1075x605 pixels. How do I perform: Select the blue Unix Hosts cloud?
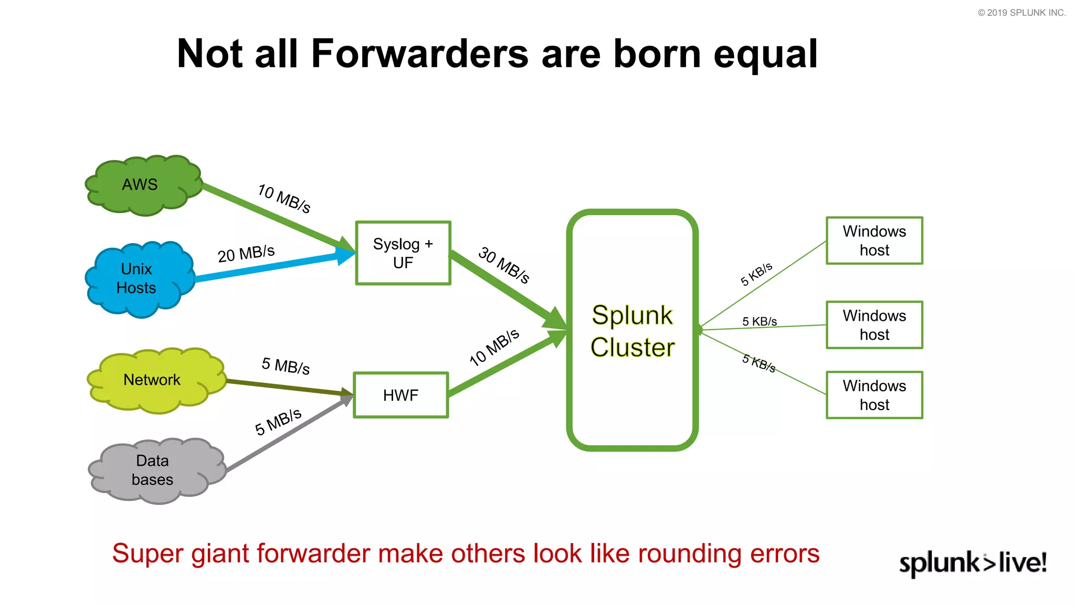[138, 278]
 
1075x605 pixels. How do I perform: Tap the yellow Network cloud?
[153, 380]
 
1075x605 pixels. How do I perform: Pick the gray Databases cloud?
[153, 470]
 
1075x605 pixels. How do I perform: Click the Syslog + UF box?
[403, 253]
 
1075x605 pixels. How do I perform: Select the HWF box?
[401, 395]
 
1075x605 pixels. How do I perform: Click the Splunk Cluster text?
[632, 331]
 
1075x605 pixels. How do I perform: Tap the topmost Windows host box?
[874, 241]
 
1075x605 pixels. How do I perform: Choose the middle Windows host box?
[874, 325]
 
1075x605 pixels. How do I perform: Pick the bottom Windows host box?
[874, 395]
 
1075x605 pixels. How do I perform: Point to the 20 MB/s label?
[246, 254]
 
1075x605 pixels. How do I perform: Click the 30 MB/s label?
[503, 265]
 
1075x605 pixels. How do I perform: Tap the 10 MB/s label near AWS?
[284, 199]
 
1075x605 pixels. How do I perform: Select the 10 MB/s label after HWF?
[494, 347]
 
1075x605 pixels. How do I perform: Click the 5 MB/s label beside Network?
[286, 366]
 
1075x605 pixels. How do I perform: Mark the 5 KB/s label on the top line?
[756, 274]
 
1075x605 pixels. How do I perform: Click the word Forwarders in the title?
[419, 54]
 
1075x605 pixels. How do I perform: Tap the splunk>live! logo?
[973, 563]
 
